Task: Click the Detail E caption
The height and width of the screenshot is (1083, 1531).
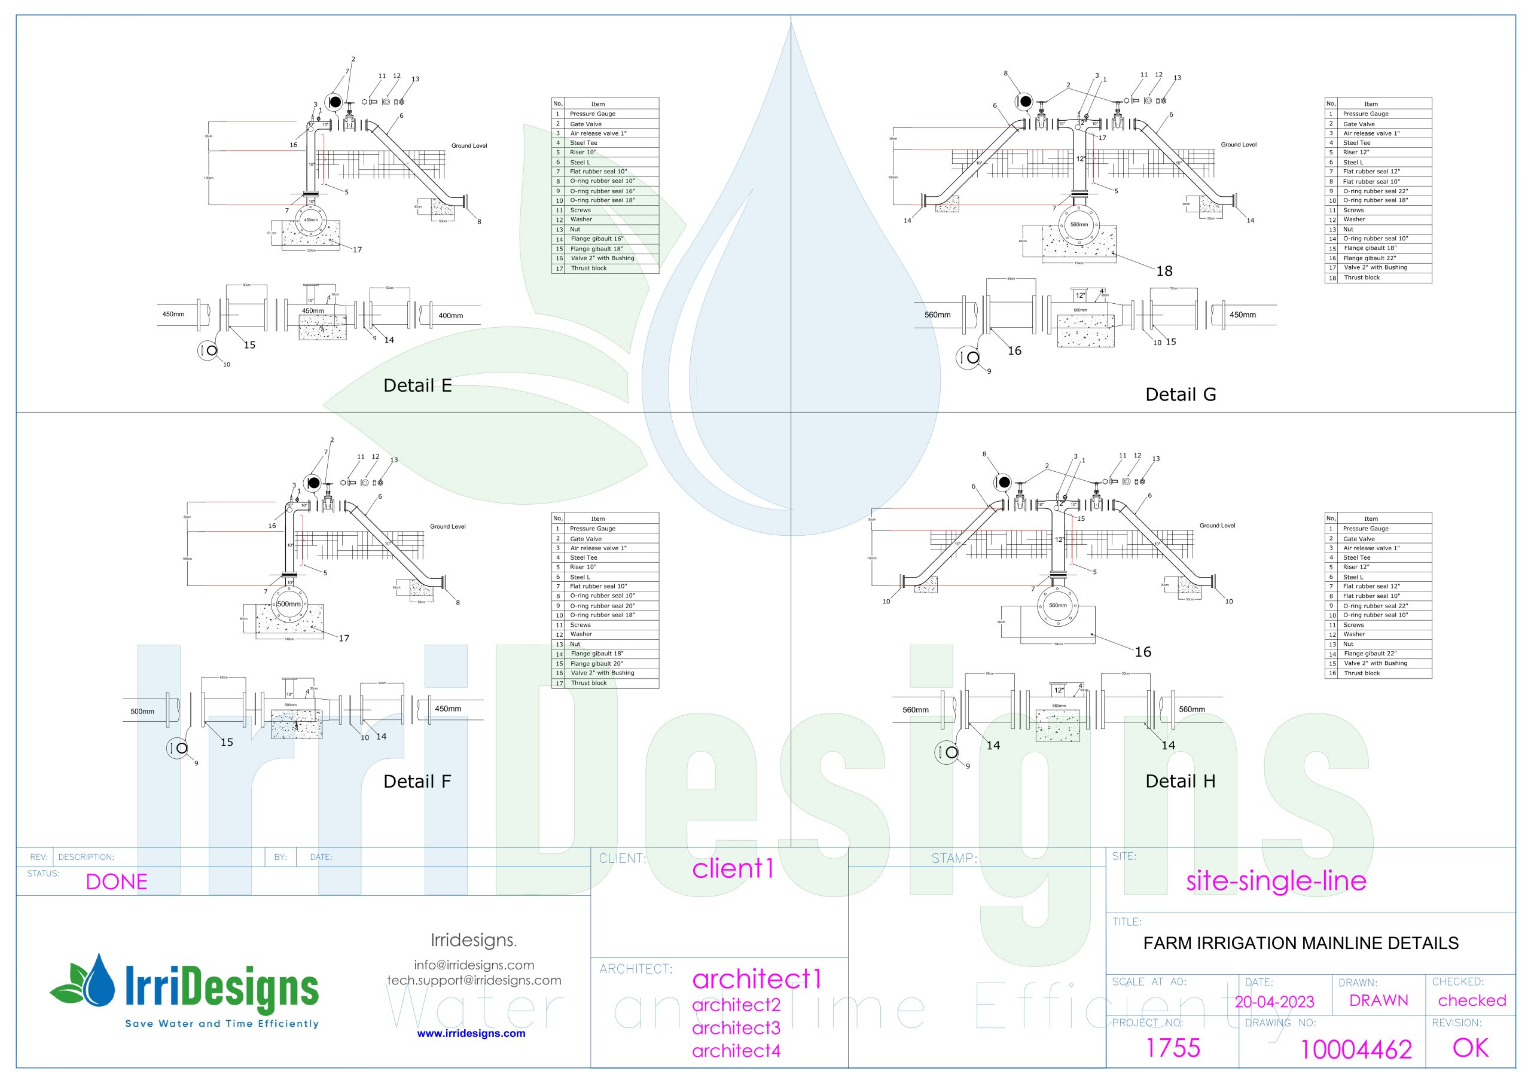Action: (x=417, y=386)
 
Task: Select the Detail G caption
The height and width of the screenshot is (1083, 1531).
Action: (x=1181, y=395)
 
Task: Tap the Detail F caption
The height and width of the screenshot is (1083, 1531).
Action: (x=417, y=782)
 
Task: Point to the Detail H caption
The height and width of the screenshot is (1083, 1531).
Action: (x=1181, y=782)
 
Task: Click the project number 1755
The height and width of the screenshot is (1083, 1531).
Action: (x=1172, y=1048)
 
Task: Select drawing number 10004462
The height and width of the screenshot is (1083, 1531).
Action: (x=1356, y=1050)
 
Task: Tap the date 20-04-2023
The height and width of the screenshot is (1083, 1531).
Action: (x=1274, y=1002)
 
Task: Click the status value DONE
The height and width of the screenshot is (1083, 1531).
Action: (x=116, y=881)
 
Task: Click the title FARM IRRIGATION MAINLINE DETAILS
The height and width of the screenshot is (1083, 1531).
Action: (x=1300, y=943)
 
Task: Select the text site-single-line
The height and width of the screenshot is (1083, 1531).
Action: (x=1276, y=881)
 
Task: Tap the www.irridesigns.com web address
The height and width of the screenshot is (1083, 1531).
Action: (x=471, y=1033)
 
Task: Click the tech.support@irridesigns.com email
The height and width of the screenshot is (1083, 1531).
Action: (x=474, y=980)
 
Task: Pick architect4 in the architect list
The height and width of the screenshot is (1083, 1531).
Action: (x=736, y=1051)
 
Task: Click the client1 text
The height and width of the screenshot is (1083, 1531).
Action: (x=733, y=868)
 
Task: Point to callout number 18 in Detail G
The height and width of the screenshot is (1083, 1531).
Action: (x=1164, y=271)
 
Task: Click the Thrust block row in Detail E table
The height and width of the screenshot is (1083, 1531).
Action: (x=589, y=268)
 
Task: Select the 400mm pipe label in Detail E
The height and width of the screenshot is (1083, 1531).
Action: (x=451, y=315)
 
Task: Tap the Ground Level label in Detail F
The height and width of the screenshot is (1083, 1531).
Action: (x=447, y=527)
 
